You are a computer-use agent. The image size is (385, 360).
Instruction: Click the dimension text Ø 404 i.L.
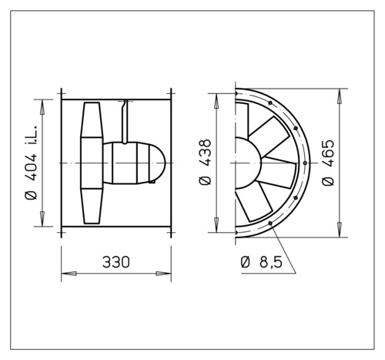[32, 163]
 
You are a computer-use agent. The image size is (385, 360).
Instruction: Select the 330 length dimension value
[116, 262]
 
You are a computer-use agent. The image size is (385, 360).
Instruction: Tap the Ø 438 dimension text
[205, 162]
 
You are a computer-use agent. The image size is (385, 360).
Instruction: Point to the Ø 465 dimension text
[328, 162]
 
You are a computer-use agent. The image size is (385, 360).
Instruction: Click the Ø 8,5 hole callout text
[262, 262]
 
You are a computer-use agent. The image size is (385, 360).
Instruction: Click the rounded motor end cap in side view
[156, 163]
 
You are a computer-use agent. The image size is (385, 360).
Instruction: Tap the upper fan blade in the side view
[92, 120]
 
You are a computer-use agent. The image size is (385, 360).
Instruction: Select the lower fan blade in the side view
[92, 206]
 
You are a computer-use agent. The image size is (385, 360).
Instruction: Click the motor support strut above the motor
[125, 122]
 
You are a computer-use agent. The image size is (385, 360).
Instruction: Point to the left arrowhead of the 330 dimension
[69, 274]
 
